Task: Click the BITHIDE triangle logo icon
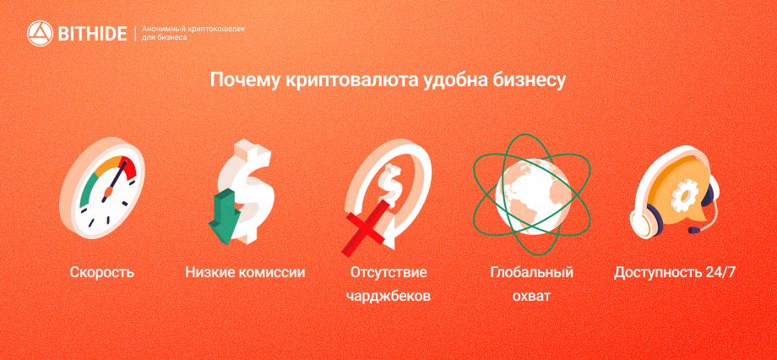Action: click(x=40, y=33)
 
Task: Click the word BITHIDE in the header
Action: click(x=92, y=34)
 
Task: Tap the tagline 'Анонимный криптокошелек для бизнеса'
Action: click(x=193, y=33)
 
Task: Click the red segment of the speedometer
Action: click(x=128, y=167)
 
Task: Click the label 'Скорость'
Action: click(x=101, y=272)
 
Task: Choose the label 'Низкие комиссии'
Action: click(x=245, y=272)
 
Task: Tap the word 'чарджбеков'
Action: click(x=388, y=297)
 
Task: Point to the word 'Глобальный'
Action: click(x=532, y=272)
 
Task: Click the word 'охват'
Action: click(x=532, y=297)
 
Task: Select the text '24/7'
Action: click(x=719, y=272)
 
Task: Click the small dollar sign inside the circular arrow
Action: click(x=388, y=181)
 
